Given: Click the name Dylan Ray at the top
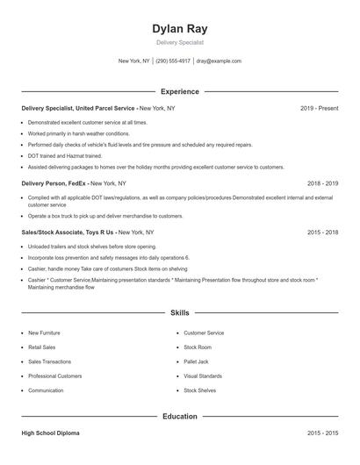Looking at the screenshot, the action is [x=180, y=28].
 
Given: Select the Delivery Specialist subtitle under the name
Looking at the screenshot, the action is [x=180, y=42].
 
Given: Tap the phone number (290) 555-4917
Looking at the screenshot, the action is [x=173, y=61].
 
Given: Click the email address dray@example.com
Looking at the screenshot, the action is [x=219, y=61].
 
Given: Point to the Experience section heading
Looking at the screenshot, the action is [x=180, y=91].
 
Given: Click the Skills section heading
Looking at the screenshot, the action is [x=180, y=312].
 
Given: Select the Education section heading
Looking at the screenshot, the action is [x=180, y=417].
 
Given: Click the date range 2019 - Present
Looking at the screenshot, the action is [x=319, y=108].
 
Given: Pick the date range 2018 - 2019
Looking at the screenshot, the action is [x=322, y=183].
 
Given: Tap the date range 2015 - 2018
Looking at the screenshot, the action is [x=322, y=232].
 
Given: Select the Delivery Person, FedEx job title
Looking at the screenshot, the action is [x=54, y=183].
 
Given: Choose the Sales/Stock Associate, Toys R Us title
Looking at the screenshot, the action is [x=68, y=232].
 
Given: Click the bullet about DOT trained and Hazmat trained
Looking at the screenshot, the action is [x=65, y=155].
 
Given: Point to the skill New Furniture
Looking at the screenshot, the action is [x=45, y=333].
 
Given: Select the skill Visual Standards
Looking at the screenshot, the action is [x=203, y=376].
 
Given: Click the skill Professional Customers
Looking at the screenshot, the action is [x=55, y=376].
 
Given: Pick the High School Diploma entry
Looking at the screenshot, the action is [x=52, y=433].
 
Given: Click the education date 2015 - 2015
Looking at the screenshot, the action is [x=322, y=433].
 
